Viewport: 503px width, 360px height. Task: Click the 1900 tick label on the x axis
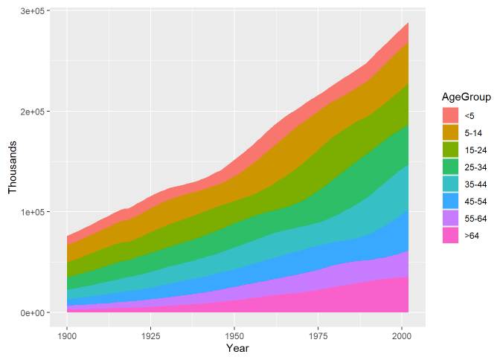click(x=67, y=336)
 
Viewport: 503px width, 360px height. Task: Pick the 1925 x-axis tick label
click(x=151, y=336)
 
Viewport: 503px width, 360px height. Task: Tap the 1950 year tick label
click(x=234, y=336)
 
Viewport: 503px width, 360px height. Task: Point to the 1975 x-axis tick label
click(x=318, y=336)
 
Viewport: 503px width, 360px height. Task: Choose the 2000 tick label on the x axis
click(x=402, y=336)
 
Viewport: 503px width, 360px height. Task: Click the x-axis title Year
click(x=237, y=348)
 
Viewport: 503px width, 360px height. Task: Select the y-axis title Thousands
click(x=12, y=167)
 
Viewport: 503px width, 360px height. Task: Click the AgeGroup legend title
click(x=466, y=97)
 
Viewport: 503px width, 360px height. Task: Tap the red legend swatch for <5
click(x=450, y=115)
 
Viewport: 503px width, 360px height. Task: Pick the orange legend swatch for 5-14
click(x=450, y=132)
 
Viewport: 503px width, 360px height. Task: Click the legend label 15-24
click(x=475, y=150)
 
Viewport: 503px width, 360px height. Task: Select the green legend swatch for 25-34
click(x=450, y=167)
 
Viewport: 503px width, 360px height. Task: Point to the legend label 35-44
click(x=475, y=184)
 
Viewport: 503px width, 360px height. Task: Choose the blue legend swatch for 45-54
click(x=450, y=202)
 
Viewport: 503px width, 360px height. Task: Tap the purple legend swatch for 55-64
click(x=450, y=219)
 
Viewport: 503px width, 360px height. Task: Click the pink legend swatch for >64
click(x=450, y=235)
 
